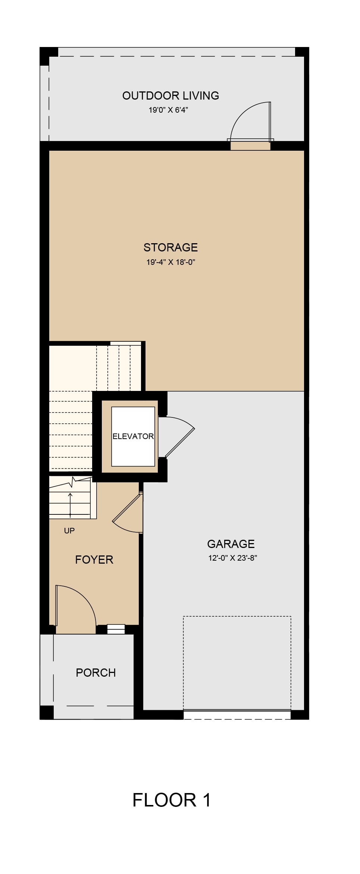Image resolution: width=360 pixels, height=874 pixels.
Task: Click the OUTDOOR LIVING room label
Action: (x=170, y=96)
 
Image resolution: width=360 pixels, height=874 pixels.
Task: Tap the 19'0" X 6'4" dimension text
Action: (x=168, y=110)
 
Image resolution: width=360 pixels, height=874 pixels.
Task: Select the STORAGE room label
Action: (x=170, y=247)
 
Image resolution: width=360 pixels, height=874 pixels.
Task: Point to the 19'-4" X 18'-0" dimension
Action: (x=170, y=262)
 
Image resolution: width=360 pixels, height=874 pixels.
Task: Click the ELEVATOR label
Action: (x=133, y=436)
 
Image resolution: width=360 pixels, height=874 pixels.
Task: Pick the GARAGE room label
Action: (x=231, y=544)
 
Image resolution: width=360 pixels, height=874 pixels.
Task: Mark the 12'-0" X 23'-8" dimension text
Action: (x=233, y=558)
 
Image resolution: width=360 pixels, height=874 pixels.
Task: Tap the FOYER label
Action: (x=94, y=560)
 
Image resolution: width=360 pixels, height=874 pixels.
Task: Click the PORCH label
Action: (x=96, y=673)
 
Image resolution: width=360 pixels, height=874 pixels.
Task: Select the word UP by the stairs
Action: (x=69, y=530)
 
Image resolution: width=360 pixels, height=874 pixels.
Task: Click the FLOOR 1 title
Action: (x=172, y=800)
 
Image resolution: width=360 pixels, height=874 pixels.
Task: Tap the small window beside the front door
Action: (x=116, y=629)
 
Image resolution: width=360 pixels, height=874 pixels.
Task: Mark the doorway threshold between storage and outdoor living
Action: (x=250, y=146)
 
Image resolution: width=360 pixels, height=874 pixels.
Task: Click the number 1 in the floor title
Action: (x=206, y=800)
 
